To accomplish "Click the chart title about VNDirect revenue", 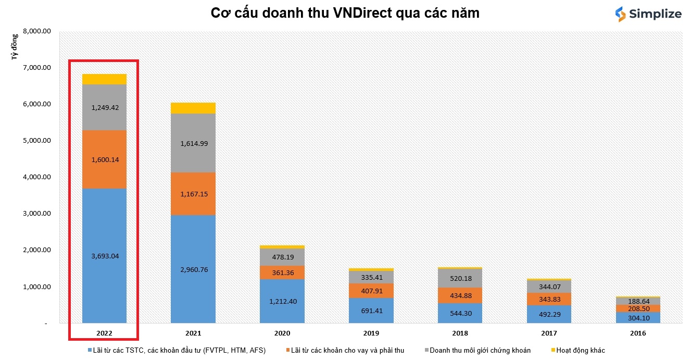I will click(345, 14).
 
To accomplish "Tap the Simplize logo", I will click(648, 14).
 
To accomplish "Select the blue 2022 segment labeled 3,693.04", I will click(104, 255).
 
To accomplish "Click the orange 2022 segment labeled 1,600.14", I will click(104, 159).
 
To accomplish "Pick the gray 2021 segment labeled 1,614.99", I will click(193, 143).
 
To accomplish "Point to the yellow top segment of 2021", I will click(193, 108).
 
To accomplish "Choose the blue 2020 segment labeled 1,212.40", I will click(282, 301).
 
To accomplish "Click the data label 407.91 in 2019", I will click(371, 291).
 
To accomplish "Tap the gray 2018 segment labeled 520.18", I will click(460, 278).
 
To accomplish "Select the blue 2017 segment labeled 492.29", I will click(549, 314).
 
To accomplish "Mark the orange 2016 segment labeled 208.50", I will click(638, 308).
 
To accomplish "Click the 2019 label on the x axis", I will click(371, 333).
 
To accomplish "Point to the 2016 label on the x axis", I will click(638, 333).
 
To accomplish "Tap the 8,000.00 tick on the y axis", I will click(37, 31).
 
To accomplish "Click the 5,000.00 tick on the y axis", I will click(37, 141).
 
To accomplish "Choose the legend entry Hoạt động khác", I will click(580, 351).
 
